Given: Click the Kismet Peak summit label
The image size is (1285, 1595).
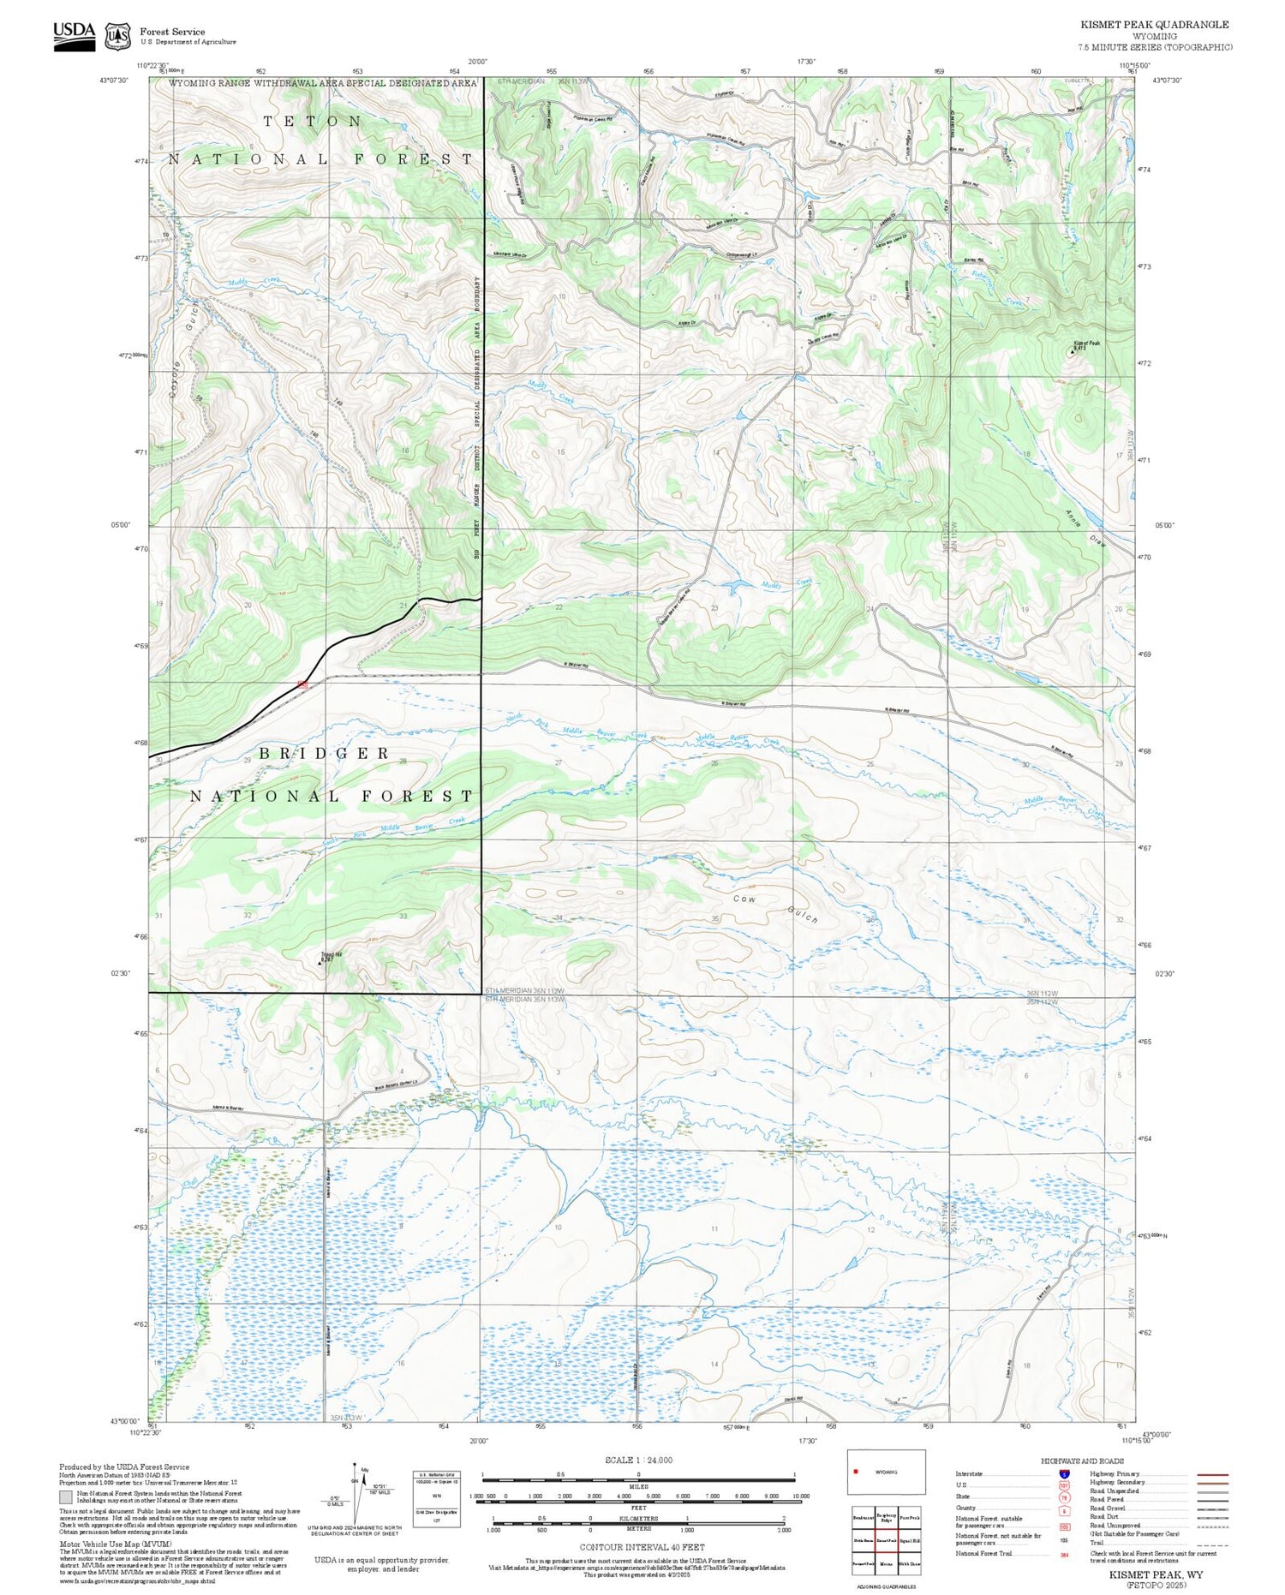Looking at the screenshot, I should (1086, 344).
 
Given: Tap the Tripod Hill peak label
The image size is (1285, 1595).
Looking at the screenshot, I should (332, 956).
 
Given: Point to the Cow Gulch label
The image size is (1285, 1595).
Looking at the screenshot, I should (775, 908).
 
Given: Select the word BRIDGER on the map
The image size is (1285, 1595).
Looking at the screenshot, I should (325, 754).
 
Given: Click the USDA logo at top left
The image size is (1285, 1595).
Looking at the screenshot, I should (75, 36).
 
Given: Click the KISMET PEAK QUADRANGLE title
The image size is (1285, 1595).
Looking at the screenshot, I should (1154, 25).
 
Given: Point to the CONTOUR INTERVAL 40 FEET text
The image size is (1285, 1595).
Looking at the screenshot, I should (642, 1547).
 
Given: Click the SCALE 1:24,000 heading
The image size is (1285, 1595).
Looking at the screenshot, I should (638, 1461).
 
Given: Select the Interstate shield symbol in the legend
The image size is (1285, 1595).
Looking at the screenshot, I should (1064, 1474).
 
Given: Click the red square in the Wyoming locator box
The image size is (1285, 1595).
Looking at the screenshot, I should (856, 1472).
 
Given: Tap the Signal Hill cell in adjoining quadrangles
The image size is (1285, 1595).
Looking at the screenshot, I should (910, 1540).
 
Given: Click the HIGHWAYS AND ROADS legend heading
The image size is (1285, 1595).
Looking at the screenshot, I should (1082, 1461).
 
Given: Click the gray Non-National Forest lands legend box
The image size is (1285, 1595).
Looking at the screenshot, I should (66, 1497).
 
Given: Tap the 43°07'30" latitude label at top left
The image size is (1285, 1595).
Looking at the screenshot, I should (113, 81).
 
